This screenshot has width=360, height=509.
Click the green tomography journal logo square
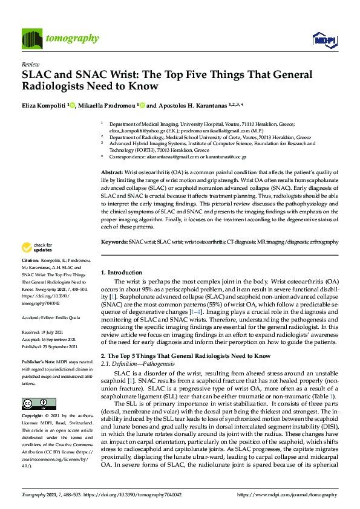32,39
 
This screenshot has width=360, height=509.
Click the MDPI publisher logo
323,39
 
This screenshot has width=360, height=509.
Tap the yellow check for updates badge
28,247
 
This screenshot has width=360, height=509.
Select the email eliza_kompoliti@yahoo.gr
134,129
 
